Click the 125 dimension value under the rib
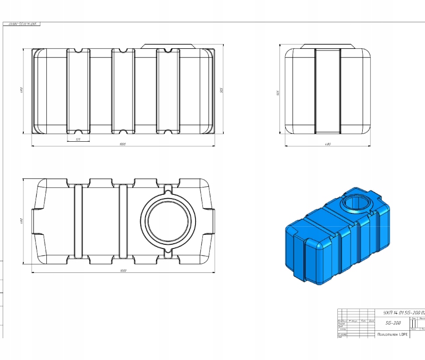(78, 140)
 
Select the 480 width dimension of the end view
(328, 144)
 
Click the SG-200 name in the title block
(393, 323)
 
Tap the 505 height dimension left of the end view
(278, 92)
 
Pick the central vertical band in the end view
(327, 91)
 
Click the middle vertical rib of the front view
(123, 91)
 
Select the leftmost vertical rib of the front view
(78, 91)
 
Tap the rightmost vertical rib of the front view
(168, 91)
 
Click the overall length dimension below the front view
(123, 144)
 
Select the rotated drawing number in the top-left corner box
(22, 24)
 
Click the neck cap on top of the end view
(327, 46)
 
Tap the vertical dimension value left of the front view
(21, 90)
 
